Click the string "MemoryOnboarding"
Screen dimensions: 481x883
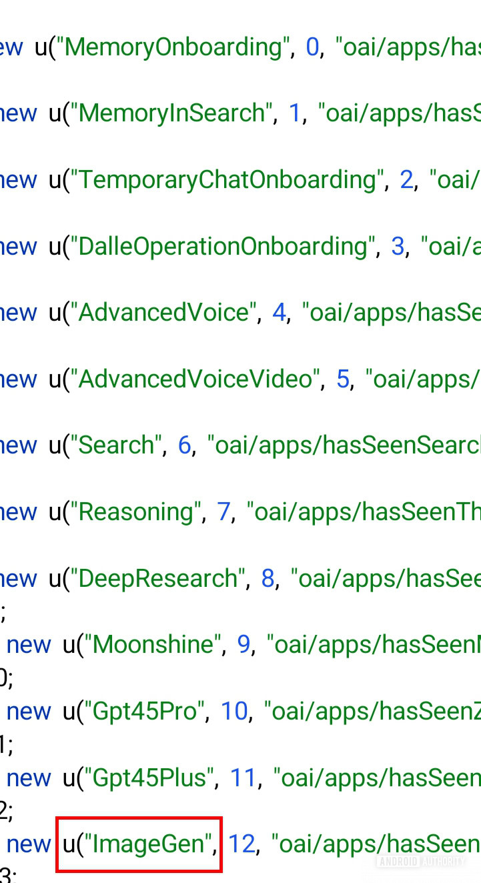tap(173, 48)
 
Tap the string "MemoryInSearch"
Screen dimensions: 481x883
tap(172, 113)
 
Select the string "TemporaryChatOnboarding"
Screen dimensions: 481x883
tap(227, 181)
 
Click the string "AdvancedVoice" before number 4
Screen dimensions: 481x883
tap(163, 313)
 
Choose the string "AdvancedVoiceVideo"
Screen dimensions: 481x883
tap(195, 379)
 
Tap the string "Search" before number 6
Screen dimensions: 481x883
tap(116, 446)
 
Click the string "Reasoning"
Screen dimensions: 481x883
tap(136, 512)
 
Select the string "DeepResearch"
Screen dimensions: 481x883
tap(158, 579)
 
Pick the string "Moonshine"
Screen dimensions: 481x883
tap(153, 645)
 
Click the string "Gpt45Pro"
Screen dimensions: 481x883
tap(144, 712)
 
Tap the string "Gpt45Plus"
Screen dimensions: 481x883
tap(149, 778)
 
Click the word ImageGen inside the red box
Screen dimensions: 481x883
tap(148, 845)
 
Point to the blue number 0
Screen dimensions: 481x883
tap(312, 48)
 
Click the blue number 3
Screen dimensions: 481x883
tap(398, 247)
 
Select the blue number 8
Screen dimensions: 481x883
tap(268, 579)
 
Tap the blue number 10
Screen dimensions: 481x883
tap(234, 712)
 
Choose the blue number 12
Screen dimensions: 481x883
tap(242, 844)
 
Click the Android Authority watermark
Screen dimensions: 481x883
tap(421, 861)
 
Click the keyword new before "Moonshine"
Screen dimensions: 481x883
tap(29, 646)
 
